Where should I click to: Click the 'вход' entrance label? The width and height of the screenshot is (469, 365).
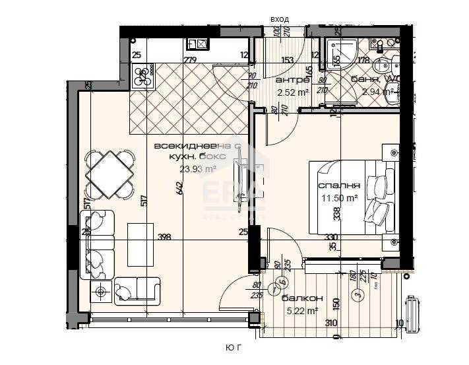pyautogui.click(x=280, y=20)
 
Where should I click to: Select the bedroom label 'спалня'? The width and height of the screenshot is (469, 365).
pyautogui.click(x=338, y=186)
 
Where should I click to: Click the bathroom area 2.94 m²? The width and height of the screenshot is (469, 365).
pyautogui.click(x=377, y=92)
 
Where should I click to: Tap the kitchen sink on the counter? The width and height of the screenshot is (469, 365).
pyautogui.click(x=197, y=44)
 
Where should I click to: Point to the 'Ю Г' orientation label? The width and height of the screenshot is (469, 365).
pyautogui.click(x=234, y=347)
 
